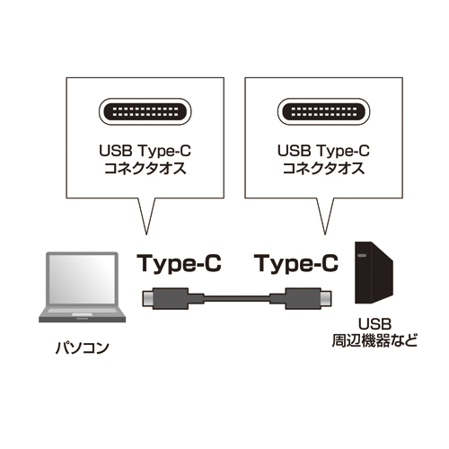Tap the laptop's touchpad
(x=83, y=314)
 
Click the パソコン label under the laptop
(x=83, y=348)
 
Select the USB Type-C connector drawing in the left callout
(x=145, y=111)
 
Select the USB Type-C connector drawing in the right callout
(x=323, y=111)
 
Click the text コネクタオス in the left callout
(x=145, y=169)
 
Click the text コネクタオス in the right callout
(x=323, y=169)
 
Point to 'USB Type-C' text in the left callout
(x=145, y=151)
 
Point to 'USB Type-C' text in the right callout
(x=323, y=151)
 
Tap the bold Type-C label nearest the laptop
(x=179, y=264)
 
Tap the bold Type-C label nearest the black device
(x=297, y=264)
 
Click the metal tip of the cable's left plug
(x=147, y=298)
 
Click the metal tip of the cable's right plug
(x=325, y=298)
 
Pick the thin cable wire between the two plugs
(x=236, y=299)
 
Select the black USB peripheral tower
(x=374, y=273)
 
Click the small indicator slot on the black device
(x=361, y=256)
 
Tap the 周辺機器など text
(x=374, y=341)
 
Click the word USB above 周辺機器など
(x=374, y=324)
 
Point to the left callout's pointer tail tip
(x=146, y=234)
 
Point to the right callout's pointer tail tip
(x=325, y=234)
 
